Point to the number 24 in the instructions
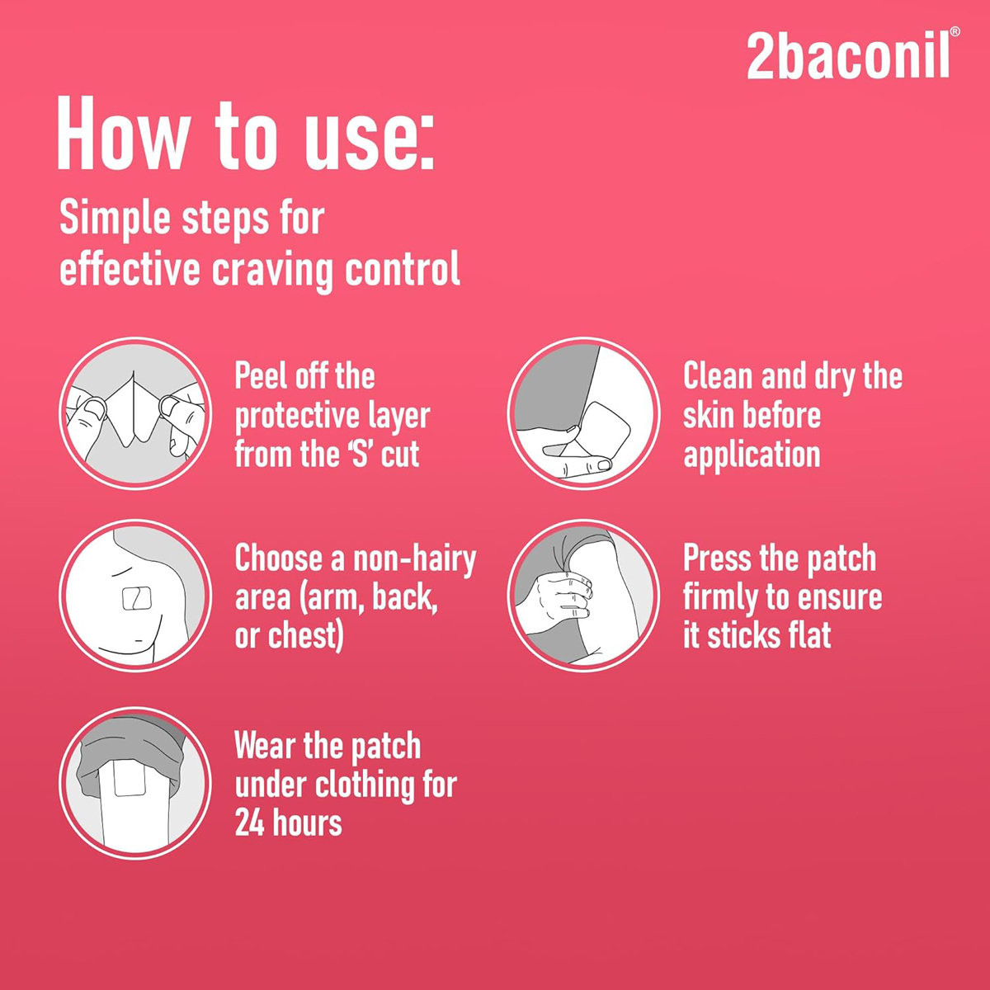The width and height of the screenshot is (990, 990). pyautogui.click(x=251, y=823)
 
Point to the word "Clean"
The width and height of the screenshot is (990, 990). pyautogui.click(x=718, y=376)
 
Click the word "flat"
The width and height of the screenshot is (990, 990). pyautogui.click(x=808, y=635)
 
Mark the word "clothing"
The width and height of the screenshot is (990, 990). pyautogui.click(x=362, y=784)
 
